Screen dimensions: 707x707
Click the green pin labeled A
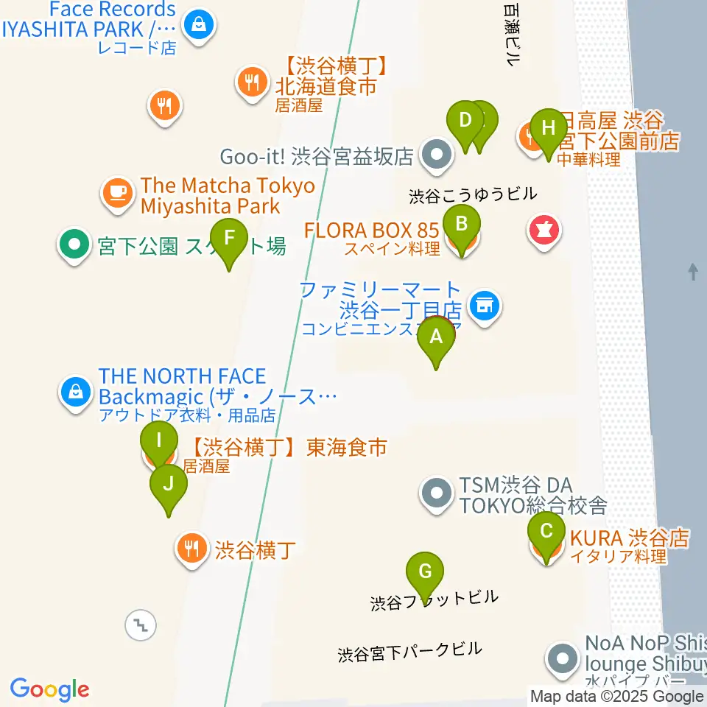tap(436, 337)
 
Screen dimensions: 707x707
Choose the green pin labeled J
tap(169, 485)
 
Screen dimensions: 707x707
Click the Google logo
tap(49, 689)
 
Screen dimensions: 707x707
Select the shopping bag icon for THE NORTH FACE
tap(77, 392)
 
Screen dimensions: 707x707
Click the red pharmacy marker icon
tap(544, 231)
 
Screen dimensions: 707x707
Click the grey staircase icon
tap(139, 625)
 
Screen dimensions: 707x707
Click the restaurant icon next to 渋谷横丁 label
tap(191, 548)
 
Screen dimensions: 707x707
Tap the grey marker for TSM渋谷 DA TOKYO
tap(437, 492)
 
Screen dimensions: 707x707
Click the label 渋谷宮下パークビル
tap(409, 650)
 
